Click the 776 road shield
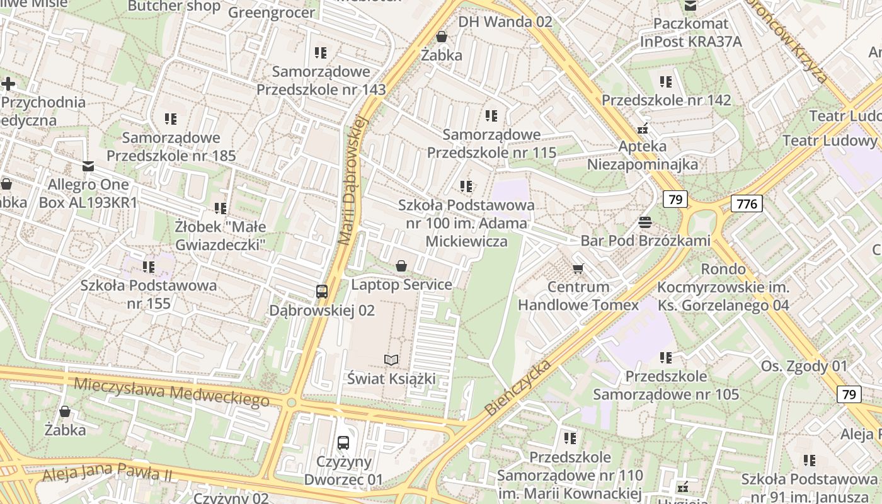pyautogui.click(x=747, y=203)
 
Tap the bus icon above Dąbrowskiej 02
pyautogui.click(x=322, y=291)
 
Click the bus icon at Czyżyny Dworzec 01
pyautogui.click(x=343, y=443)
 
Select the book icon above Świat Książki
pyautogui.click(x=391, y=360)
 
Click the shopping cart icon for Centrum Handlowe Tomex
pyautogui.click(x=578, y=269)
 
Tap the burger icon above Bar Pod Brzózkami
pyautogui.click(x=644, y=222)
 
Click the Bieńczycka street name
pyautogui.click(x=518, y=388)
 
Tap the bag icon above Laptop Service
pyautogui.click(x=401, y=266)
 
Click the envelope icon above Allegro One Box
pyautogui.click(x=88, y=166)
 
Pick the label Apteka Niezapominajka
pyautogui.click(x=643, y=155)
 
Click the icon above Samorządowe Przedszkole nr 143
pyautogui.click(x=321, y=53)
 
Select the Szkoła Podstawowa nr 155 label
pyautogui.click(x=148, y=294)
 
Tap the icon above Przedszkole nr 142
pyautogui.click(x=666, y=82)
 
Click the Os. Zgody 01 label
pyautogui.click(x=804, y=366)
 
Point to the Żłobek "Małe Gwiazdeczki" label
pyautogui.click(x=220, y=235)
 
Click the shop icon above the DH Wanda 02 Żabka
pyautogui.click(x=442, y=37)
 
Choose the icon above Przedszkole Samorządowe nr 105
pyautogui.click(x=666, y=358)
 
